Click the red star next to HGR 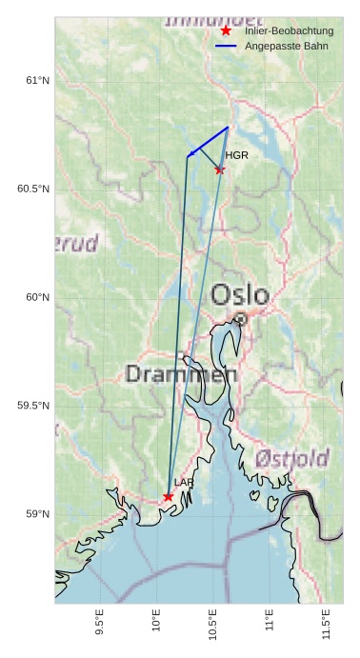tap(220, 170)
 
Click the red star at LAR tap(169, 496)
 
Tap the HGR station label tap(236, 155)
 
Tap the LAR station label tap(184, 483)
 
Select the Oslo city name tap(239, 294)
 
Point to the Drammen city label tap(181, 374)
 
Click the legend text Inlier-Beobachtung tap(289, 31)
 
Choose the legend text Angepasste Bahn tap(279, 46)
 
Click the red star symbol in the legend tap(226, 31)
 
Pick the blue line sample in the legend tap(226, 46)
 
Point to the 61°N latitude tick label tap(37, 81)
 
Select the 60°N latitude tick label tap(37, 297)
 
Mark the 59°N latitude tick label tap(37, 514)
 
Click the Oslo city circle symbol tap(241, 320)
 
